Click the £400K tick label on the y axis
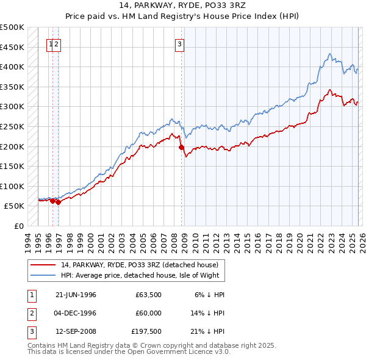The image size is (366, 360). [x=12, y=67]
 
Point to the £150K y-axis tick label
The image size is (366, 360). [x=12, y=166]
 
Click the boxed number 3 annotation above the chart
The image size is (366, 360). [x=180, y=43]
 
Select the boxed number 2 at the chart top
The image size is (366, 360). [x=56, y=43]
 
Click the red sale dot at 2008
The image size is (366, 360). [x=181, y=147]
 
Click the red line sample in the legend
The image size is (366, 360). [x=43, y=265]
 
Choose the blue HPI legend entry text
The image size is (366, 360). [x=143, y=276]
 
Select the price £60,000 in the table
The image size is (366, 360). [x=148, y=313]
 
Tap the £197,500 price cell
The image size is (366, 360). [x=146, y=331]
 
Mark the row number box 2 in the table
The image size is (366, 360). [x=30, y=313]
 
